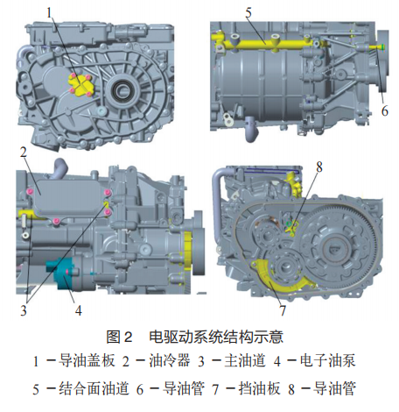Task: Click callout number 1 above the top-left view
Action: point(49,12)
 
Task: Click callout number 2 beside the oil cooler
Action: point(24,152)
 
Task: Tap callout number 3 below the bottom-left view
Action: point(24,310)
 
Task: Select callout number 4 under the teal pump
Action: point(78,310)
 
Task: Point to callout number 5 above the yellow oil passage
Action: point(248,12)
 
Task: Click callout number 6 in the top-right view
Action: point(385,111)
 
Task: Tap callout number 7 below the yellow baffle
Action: point(283,310)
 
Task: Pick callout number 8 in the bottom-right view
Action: point(319,167)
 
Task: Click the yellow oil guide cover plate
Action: point(80,85)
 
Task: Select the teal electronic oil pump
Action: point(64,273)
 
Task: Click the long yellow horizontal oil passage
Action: point(264,43)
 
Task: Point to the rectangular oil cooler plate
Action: point(70,198)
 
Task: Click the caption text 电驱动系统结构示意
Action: point(216,337)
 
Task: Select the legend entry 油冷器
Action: point(170,360)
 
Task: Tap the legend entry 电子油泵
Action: point(327,360)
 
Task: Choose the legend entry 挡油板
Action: point(259,388)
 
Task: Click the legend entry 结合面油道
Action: point(94,388)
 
